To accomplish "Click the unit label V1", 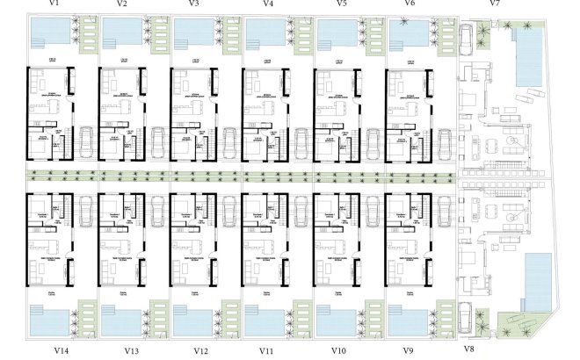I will [54, 4].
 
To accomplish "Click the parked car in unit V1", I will [86, 142].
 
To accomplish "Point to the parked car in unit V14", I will [86, 207].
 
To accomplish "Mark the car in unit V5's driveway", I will [371, 142].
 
